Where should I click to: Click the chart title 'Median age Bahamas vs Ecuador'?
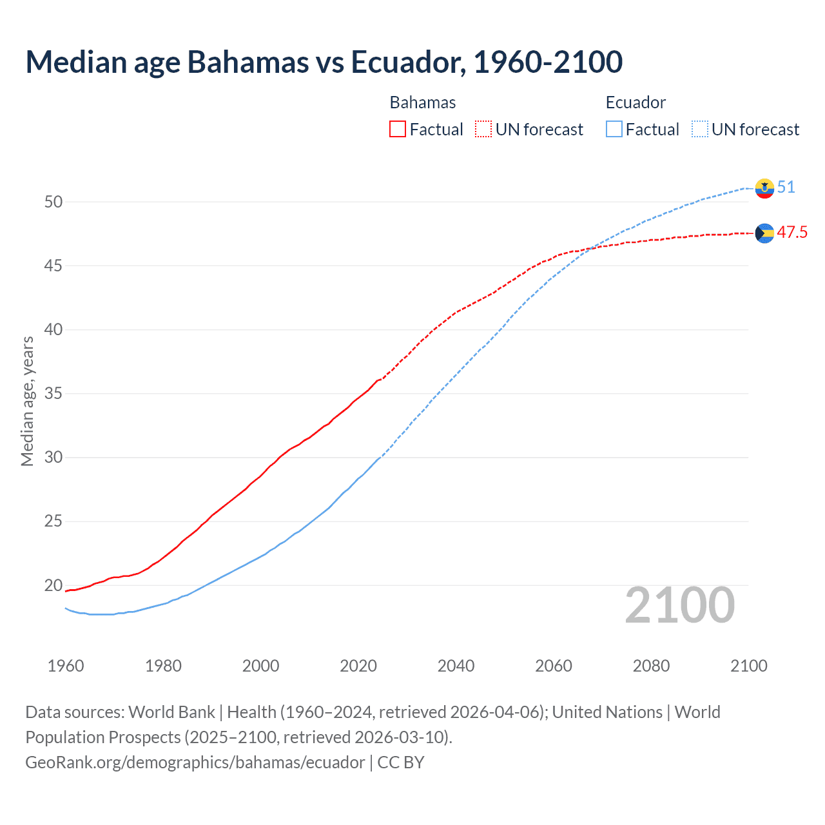point(324,62)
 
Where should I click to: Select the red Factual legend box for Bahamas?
point(398,130)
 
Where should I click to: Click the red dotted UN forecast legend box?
point(483,130)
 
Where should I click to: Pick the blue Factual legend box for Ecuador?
point(614,130)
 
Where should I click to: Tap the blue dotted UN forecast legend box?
point(700,130)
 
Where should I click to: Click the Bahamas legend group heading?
point(423,102)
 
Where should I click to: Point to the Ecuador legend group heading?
point(636,102)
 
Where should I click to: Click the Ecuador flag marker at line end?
point(764,188)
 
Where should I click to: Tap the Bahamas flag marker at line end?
point(764,233)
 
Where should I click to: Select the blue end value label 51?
point(786,188)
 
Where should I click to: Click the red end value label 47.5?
point(792,233)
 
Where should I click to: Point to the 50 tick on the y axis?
point(53,202)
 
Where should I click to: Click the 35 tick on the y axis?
point(53,393)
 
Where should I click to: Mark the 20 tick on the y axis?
point(53,585)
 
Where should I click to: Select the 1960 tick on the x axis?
point(66,666)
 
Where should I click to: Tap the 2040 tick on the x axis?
point(456,666)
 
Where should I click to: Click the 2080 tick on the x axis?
point(651,666)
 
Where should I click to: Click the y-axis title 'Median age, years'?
point(27,401)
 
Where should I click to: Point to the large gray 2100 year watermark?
point(680,605)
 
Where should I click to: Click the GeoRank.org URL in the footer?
point(195,762)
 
